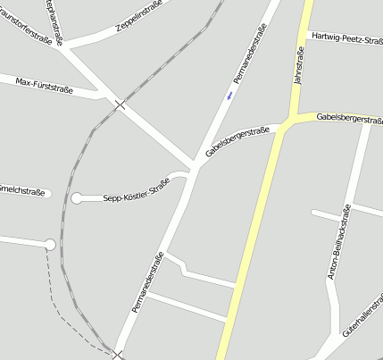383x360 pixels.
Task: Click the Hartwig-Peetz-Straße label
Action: tap(345, 37)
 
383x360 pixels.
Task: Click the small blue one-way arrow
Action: tap(230, 94)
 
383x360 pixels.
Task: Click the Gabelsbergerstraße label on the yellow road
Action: tap(348, 118)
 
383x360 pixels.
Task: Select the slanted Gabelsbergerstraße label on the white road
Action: tap(237, 140)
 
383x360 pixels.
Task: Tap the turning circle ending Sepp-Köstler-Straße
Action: tap(77, 197)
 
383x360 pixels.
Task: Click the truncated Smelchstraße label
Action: tap(22, 190)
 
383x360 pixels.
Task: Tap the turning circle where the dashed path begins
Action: tap(50, 245)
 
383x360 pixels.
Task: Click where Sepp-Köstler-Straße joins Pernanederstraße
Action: tap(190, 177)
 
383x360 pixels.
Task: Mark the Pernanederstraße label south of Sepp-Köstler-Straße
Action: tap(148, 282)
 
